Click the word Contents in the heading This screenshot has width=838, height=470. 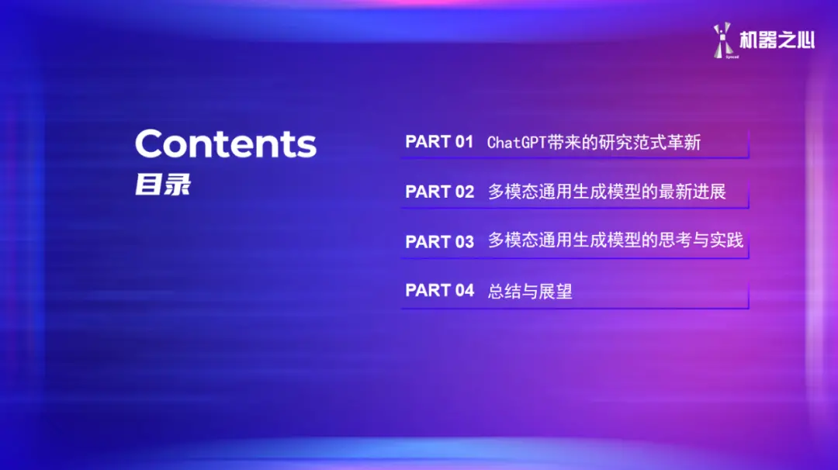coord(226,144)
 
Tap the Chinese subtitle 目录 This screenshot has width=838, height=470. coord(162,185)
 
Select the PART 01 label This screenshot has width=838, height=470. coord(439,142)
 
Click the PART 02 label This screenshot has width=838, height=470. coord(439,192)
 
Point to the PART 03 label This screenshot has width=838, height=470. coord(439,241)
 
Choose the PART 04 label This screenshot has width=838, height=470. coord(439,291)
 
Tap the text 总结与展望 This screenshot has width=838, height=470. coord(530,292)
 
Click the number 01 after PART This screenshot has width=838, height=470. coord(464,142)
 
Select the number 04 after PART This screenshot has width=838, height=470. coord(464,291)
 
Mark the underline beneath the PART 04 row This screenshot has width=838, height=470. coord(574,309)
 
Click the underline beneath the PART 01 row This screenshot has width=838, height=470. coord(574,158)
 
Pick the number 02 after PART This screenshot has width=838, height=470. coord(464,192)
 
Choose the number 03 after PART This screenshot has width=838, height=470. coord(464,241)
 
